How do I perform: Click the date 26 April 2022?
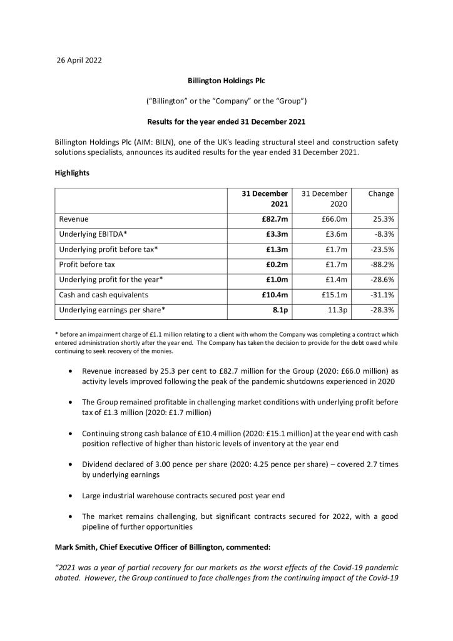(x=79, y=61)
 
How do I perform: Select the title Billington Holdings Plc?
(x=227, y=81)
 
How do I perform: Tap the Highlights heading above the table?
(x=72, y=173)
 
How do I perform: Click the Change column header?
(x=380, y=194)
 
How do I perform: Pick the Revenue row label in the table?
(x=74, y=220)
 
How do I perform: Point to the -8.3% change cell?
(x=383, y=235)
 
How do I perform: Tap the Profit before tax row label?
(x=87, y=265)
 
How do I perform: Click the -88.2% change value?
(x=381, y=265)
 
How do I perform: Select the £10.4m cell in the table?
(x=275, y=295)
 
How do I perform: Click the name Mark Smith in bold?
(x=76, y=548)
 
